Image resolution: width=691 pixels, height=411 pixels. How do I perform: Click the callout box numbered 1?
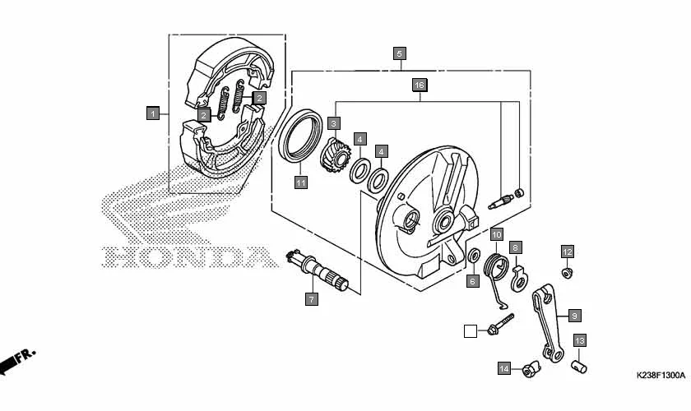pos(152,113)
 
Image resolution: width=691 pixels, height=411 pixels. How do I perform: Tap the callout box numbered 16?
pos(419,85)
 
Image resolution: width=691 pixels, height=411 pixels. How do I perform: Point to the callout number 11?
pos(301,182)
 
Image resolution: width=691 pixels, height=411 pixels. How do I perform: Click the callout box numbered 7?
pos(312,299)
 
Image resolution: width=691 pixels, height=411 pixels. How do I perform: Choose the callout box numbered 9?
pos(574,315)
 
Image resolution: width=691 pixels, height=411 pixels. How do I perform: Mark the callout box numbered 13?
pos(579,340)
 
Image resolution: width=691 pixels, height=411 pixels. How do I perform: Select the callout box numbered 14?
pos(503,368)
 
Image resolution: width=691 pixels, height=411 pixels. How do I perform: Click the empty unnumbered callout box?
pos(470,331)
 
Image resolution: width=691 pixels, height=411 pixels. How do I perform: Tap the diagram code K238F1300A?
pos(660,375)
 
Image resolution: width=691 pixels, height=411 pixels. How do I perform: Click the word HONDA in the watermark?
pos(188,257)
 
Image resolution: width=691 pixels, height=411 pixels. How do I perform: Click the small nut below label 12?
pos(568,271)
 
